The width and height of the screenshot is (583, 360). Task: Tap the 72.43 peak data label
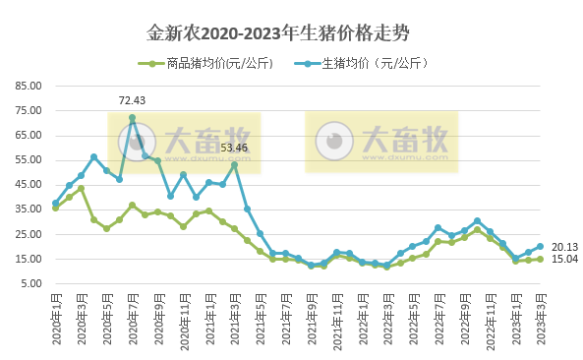[132, 100]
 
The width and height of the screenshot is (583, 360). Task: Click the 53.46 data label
[234, 149]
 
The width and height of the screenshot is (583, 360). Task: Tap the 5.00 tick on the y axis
[30, 284]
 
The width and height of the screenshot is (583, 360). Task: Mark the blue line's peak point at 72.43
[132, 118]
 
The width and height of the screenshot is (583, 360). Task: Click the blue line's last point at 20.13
[541, 247]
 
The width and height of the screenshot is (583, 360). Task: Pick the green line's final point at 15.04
[541, 260]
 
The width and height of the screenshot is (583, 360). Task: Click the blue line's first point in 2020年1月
[56, 204]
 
